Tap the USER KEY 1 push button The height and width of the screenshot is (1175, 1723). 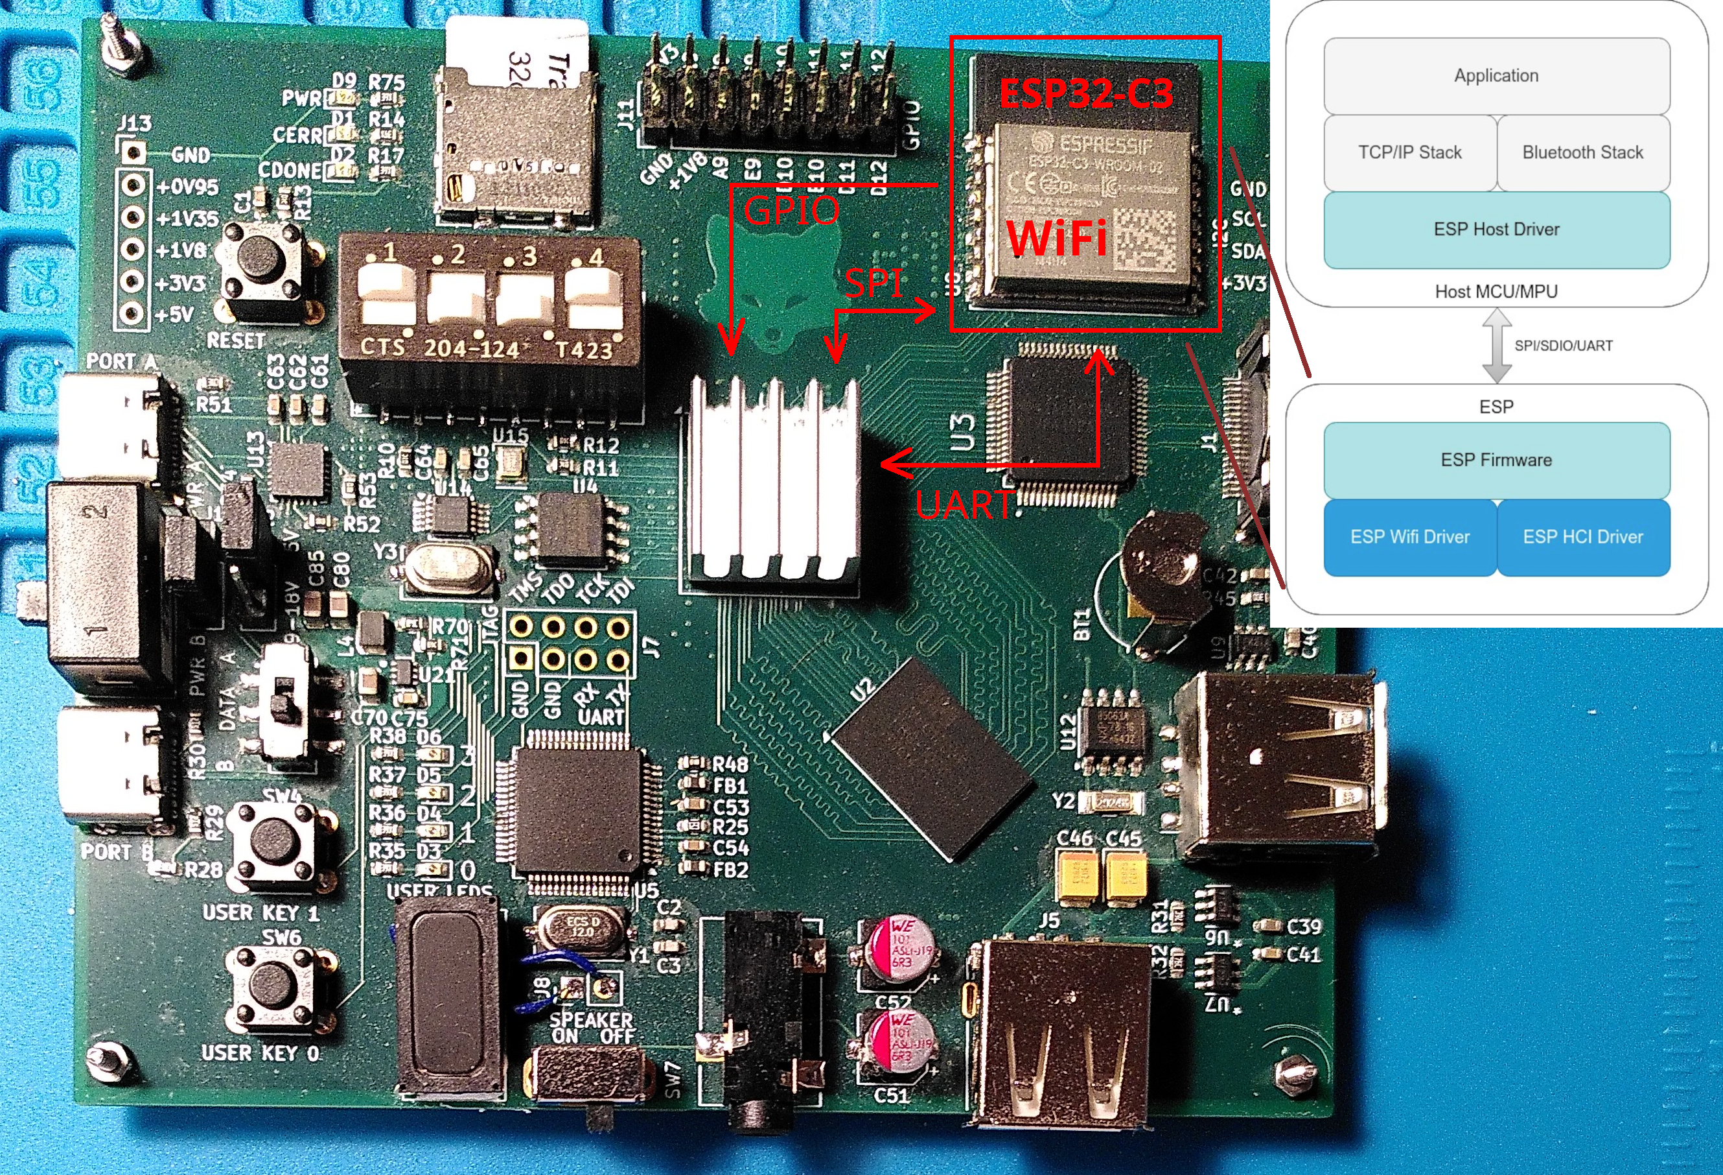pos(273,842)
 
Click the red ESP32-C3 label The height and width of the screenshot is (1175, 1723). pos(1086,94)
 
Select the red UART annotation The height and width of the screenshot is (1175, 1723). pos(963,505)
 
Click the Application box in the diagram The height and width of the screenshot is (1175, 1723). pos(1496,76)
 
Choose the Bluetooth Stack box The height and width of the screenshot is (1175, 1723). pos(1583,153)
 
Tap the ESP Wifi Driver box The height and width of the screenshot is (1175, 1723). pos(1409,537)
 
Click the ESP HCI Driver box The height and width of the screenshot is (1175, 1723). pos(1583,537)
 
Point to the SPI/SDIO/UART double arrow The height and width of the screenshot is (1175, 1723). pos(1497,346)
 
